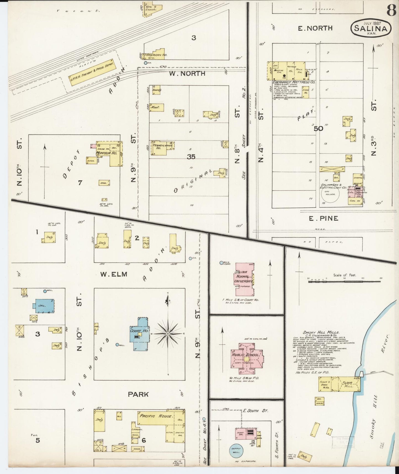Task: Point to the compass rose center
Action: pos(168,334)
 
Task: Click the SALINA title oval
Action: pos(371,27)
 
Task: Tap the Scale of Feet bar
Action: pos(344,282)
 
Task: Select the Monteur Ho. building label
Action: pos(103,153)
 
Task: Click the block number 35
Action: pos(191,157)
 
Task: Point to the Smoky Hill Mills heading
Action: pos(321,332)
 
